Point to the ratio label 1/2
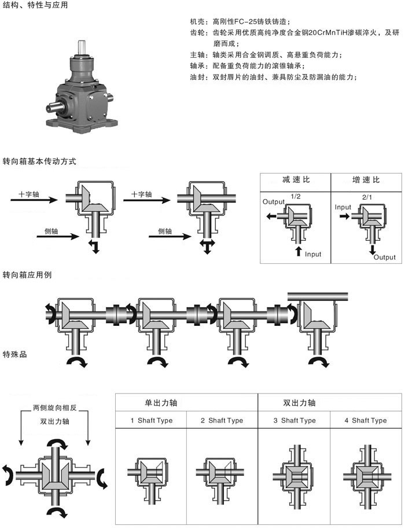[x=296, y=197]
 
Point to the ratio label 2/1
[x=366, y=197]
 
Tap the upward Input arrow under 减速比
[x=299, y=251]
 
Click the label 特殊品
[x=15, y=354]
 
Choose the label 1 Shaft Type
[x=151, y=420]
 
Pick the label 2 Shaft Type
[x=222, y=420]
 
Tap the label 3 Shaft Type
[x=294, y=420]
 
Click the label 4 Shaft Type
[x=366, y=420]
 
